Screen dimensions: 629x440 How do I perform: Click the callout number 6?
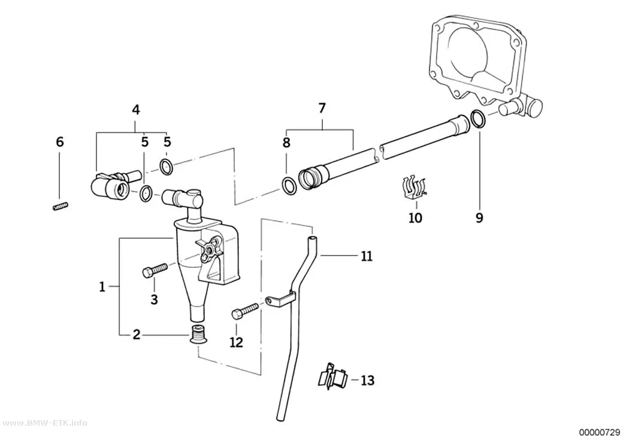click(x=60, y=141)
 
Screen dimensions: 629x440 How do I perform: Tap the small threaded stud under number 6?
click(x=60, y=207)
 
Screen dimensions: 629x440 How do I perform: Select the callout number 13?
click(x=367, y=380)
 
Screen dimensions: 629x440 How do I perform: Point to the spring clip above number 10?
click(x=414, y=188)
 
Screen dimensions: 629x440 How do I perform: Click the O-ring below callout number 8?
click(x=288, y=186)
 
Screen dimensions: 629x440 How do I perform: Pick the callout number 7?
click(x=322, y=108)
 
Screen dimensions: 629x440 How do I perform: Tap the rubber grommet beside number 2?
click(x=196, y=335)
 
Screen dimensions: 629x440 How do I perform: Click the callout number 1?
click(x=102, y=287)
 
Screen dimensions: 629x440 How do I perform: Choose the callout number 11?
click(x=367, y=256)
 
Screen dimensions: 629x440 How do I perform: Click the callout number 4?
click(x=136, y=110)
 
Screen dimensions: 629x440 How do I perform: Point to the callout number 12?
click(x=236, y=342)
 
